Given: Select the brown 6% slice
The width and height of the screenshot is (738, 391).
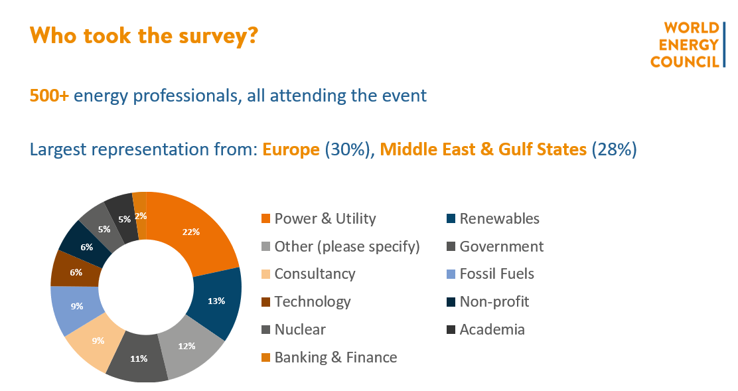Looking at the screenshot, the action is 76,272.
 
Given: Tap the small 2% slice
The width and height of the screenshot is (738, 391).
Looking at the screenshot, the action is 140,216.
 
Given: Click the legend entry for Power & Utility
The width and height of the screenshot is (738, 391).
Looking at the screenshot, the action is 319,219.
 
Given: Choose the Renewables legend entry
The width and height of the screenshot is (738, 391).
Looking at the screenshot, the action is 493,219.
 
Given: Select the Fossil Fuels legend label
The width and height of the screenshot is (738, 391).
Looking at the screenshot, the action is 497,274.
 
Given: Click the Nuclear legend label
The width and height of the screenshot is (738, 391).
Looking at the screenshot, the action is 300,329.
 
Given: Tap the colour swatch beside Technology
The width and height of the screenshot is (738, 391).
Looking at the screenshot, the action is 266,302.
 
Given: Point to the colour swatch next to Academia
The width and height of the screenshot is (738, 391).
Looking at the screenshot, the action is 451,330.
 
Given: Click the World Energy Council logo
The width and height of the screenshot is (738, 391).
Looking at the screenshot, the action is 687,44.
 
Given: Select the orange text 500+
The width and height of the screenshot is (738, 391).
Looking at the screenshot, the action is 49,96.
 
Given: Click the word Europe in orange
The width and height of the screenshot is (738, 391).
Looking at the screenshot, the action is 291,149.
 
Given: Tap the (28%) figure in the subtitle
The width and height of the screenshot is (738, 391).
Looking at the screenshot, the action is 614,149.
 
